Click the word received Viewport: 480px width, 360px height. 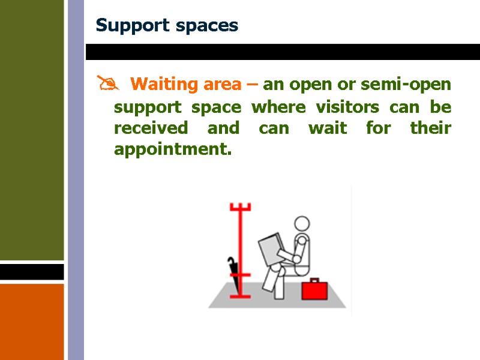click(151, 128)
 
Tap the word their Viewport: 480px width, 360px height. click(431, 128)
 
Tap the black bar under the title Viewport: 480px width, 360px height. click(282, 52)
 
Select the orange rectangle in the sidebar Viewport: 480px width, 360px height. click(32, 321)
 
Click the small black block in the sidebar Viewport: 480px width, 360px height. click(32, 272)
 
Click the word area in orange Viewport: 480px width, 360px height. click(222, 84)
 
